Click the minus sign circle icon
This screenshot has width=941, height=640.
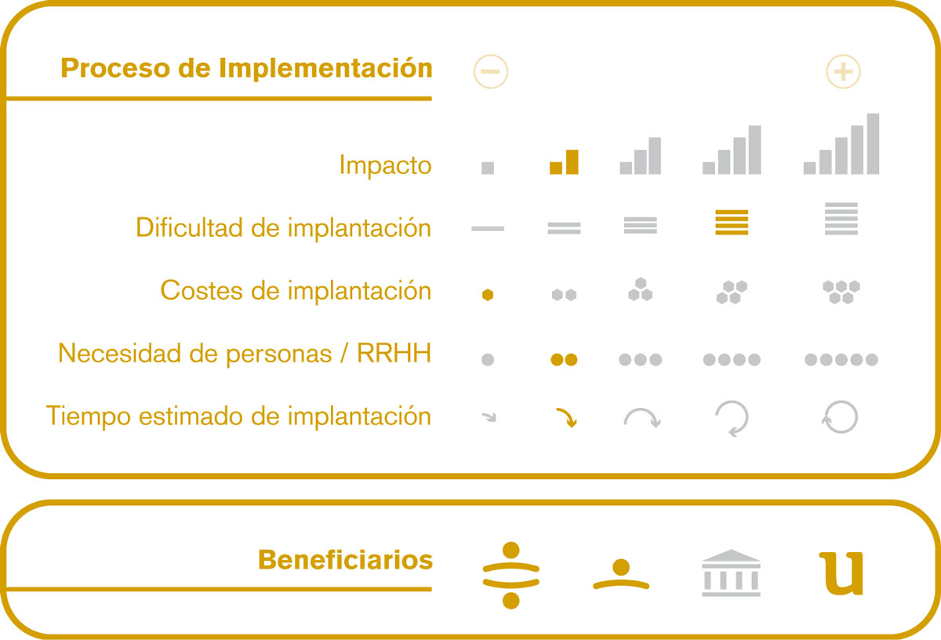[490, 71]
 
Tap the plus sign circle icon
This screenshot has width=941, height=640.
[843, 71]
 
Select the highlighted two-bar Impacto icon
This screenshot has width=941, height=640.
[564, 162]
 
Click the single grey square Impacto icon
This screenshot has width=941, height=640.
[488, 168]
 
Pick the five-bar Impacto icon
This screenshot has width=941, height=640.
[841, 144]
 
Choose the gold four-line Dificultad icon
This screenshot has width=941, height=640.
[732, 222]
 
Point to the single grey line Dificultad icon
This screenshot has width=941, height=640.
[488, 228]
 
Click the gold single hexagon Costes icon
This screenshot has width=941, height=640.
[488, 295]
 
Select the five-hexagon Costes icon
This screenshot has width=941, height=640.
[841, 292]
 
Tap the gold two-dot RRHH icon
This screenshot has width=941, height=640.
[564, 359]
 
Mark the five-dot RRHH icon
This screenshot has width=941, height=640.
[841, 359]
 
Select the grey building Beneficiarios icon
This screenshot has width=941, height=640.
[731, 573]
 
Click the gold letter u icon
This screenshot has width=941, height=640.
[841, 574]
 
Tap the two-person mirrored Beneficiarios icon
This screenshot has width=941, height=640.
[510, 575]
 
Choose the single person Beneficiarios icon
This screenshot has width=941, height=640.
[621, 574]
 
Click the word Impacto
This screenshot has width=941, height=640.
[385, 165]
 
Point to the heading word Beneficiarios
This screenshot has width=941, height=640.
[345, 560]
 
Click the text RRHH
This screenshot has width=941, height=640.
[394, 353]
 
